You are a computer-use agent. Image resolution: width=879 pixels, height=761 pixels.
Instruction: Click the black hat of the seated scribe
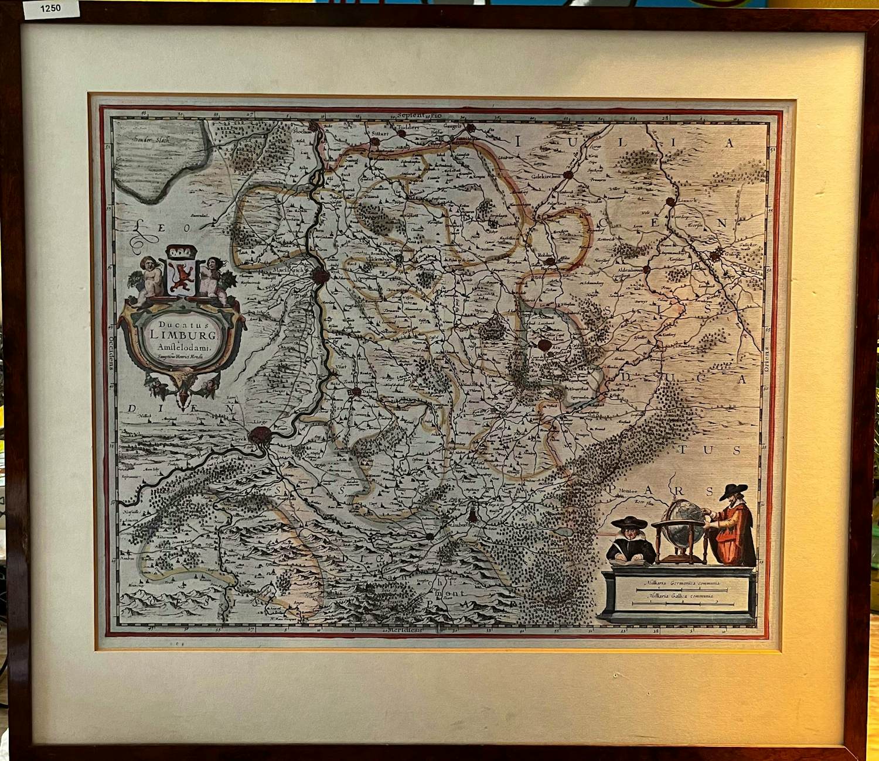[627, 522]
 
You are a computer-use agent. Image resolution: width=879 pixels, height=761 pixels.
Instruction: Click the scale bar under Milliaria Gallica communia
[680, 603]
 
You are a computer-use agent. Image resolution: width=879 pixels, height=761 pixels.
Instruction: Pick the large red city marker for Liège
[260, 435]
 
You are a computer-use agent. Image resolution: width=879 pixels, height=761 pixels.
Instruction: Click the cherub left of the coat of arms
[151, 277]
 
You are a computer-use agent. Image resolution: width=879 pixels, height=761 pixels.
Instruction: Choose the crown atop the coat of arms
[179, 254]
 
